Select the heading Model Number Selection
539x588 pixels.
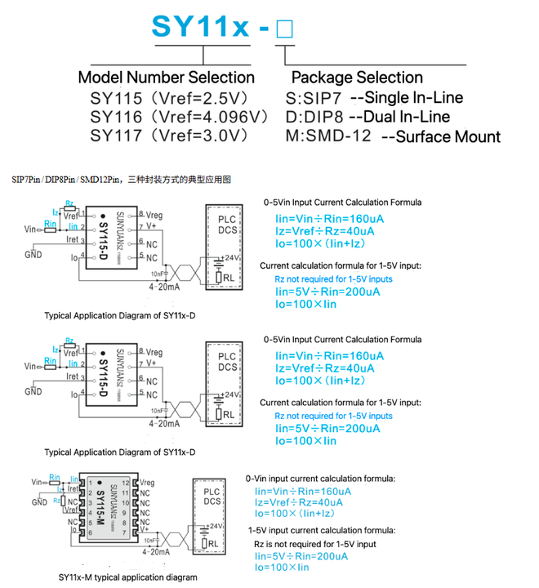coord(166,78)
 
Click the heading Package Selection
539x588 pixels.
coord(357,78)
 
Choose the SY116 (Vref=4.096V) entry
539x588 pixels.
coord(179,117)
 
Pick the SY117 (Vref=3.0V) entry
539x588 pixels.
coord(167,136)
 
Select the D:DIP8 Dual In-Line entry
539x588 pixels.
coord(368,117)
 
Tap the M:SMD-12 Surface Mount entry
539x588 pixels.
coord(393,136)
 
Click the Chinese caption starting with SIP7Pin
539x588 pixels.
coord(122,177)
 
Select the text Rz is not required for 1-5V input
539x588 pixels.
coord(314,543)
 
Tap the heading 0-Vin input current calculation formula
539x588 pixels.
coord(320,479)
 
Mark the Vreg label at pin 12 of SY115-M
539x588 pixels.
coord(147,483)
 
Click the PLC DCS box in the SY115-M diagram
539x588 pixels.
coord(211,498)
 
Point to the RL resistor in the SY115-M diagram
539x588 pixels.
coord(211,543)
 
